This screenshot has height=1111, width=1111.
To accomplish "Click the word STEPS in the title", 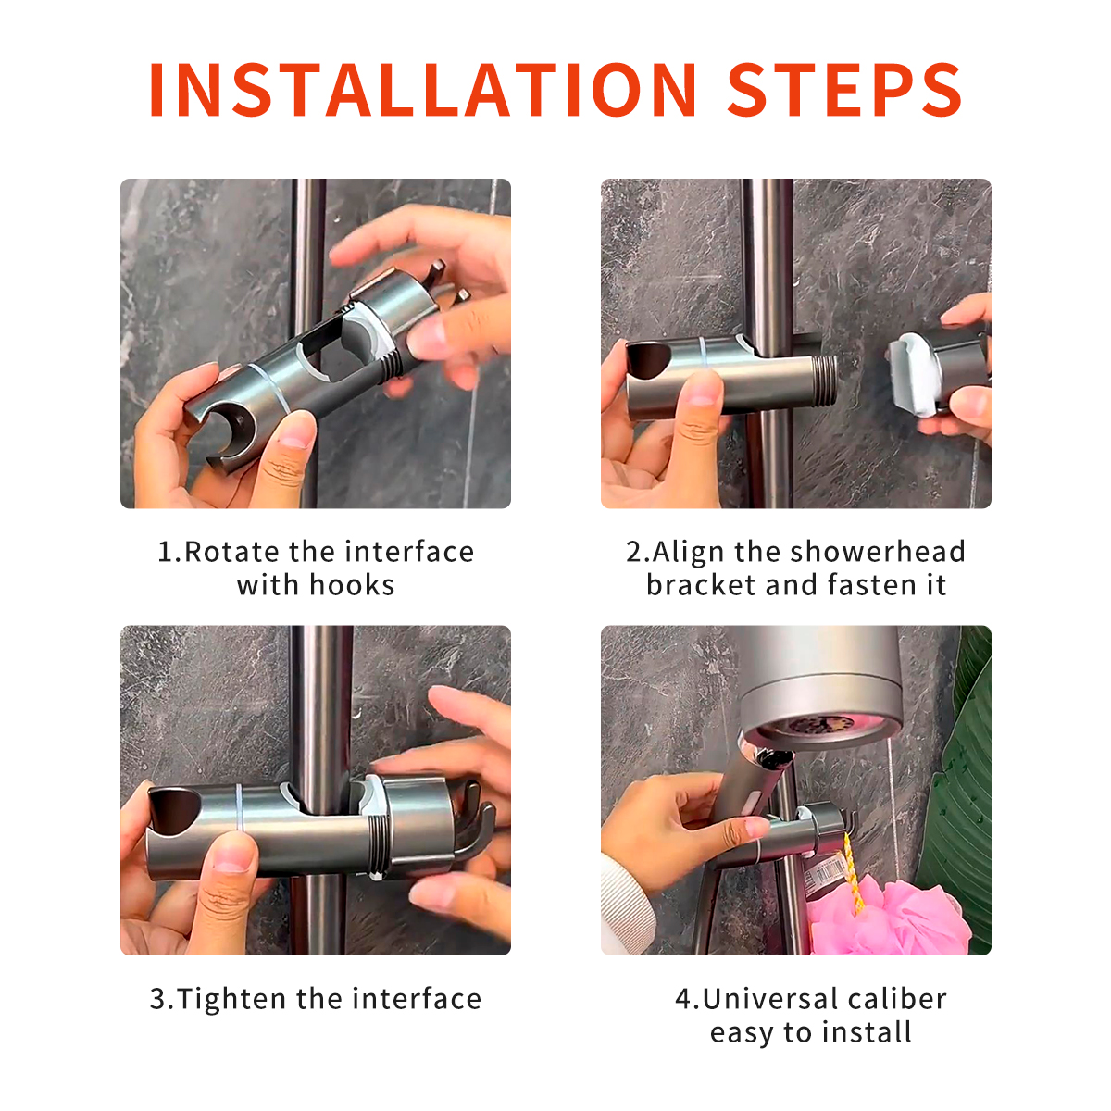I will (844, 91).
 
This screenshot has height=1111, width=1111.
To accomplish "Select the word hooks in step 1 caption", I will (352, 585).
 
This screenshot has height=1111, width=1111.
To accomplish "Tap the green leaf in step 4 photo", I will (963, 787).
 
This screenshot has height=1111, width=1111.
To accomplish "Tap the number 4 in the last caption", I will (683, 999).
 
